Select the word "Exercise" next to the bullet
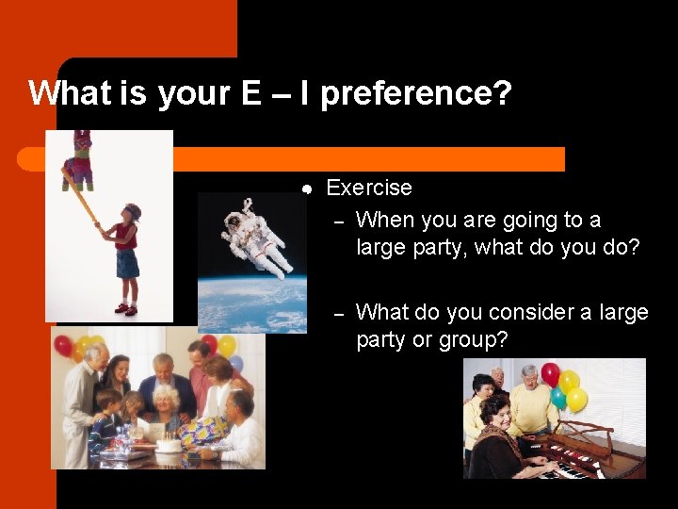[x=369, y=188]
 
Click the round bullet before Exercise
[x=307, y=189]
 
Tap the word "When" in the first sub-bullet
[x=384, y=220]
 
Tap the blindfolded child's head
[x=131, y=212]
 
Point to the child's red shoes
[x=125, y=308]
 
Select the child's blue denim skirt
[x=127, y=263]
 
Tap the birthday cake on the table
[x=168, y=444]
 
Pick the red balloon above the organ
[x=550, y=374]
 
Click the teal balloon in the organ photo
[x=557, y=399]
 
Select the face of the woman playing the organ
[x=495, y=411]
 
